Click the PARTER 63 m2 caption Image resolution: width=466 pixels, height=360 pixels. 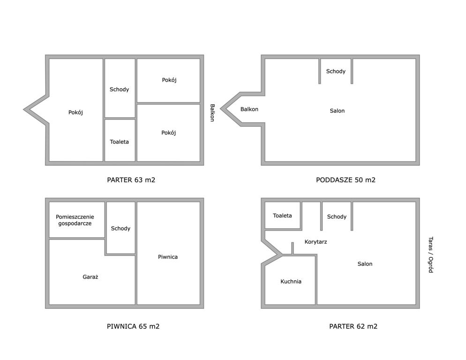tap(131, 180)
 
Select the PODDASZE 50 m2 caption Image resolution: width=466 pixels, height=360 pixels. tap(346, 180)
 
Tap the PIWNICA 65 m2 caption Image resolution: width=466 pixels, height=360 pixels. tap(133, 326)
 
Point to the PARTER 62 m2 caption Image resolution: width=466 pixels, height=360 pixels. tap(353, 326)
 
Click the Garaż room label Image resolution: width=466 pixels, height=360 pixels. tap(90, 277)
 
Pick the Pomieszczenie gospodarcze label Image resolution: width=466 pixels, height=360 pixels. tap(75, 220)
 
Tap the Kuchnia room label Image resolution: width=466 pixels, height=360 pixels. tap(291, 281)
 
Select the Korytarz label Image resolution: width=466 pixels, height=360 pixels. tap(316, 242)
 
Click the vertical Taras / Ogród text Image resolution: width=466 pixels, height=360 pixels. tap(431, 255)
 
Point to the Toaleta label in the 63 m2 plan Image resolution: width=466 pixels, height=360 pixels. tap(119, 142)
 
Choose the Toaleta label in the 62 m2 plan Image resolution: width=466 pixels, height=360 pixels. tap(282, 216)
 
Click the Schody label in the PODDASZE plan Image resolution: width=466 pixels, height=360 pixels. tap(336, 71)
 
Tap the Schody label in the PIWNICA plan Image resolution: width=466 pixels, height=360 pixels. tap(120, 228)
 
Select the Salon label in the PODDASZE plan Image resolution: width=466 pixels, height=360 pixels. tap(338, 111)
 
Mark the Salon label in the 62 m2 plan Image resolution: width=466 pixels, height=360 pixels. tap(365, 264)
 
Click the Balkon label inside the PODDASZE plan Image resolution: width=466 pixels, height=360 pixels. tap(249, 109)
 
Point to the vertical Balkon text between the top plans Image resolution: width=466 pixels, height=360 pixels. tap(212, 112)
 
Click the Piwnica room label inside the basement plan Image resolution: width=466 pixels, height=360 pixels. tap(168, 257)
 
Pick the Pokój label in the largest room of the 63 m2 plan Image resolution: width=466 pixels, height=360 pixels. tap(75, 112)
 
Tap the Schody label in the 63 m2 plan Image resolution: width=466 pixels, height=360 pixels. tap(119, 90)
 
